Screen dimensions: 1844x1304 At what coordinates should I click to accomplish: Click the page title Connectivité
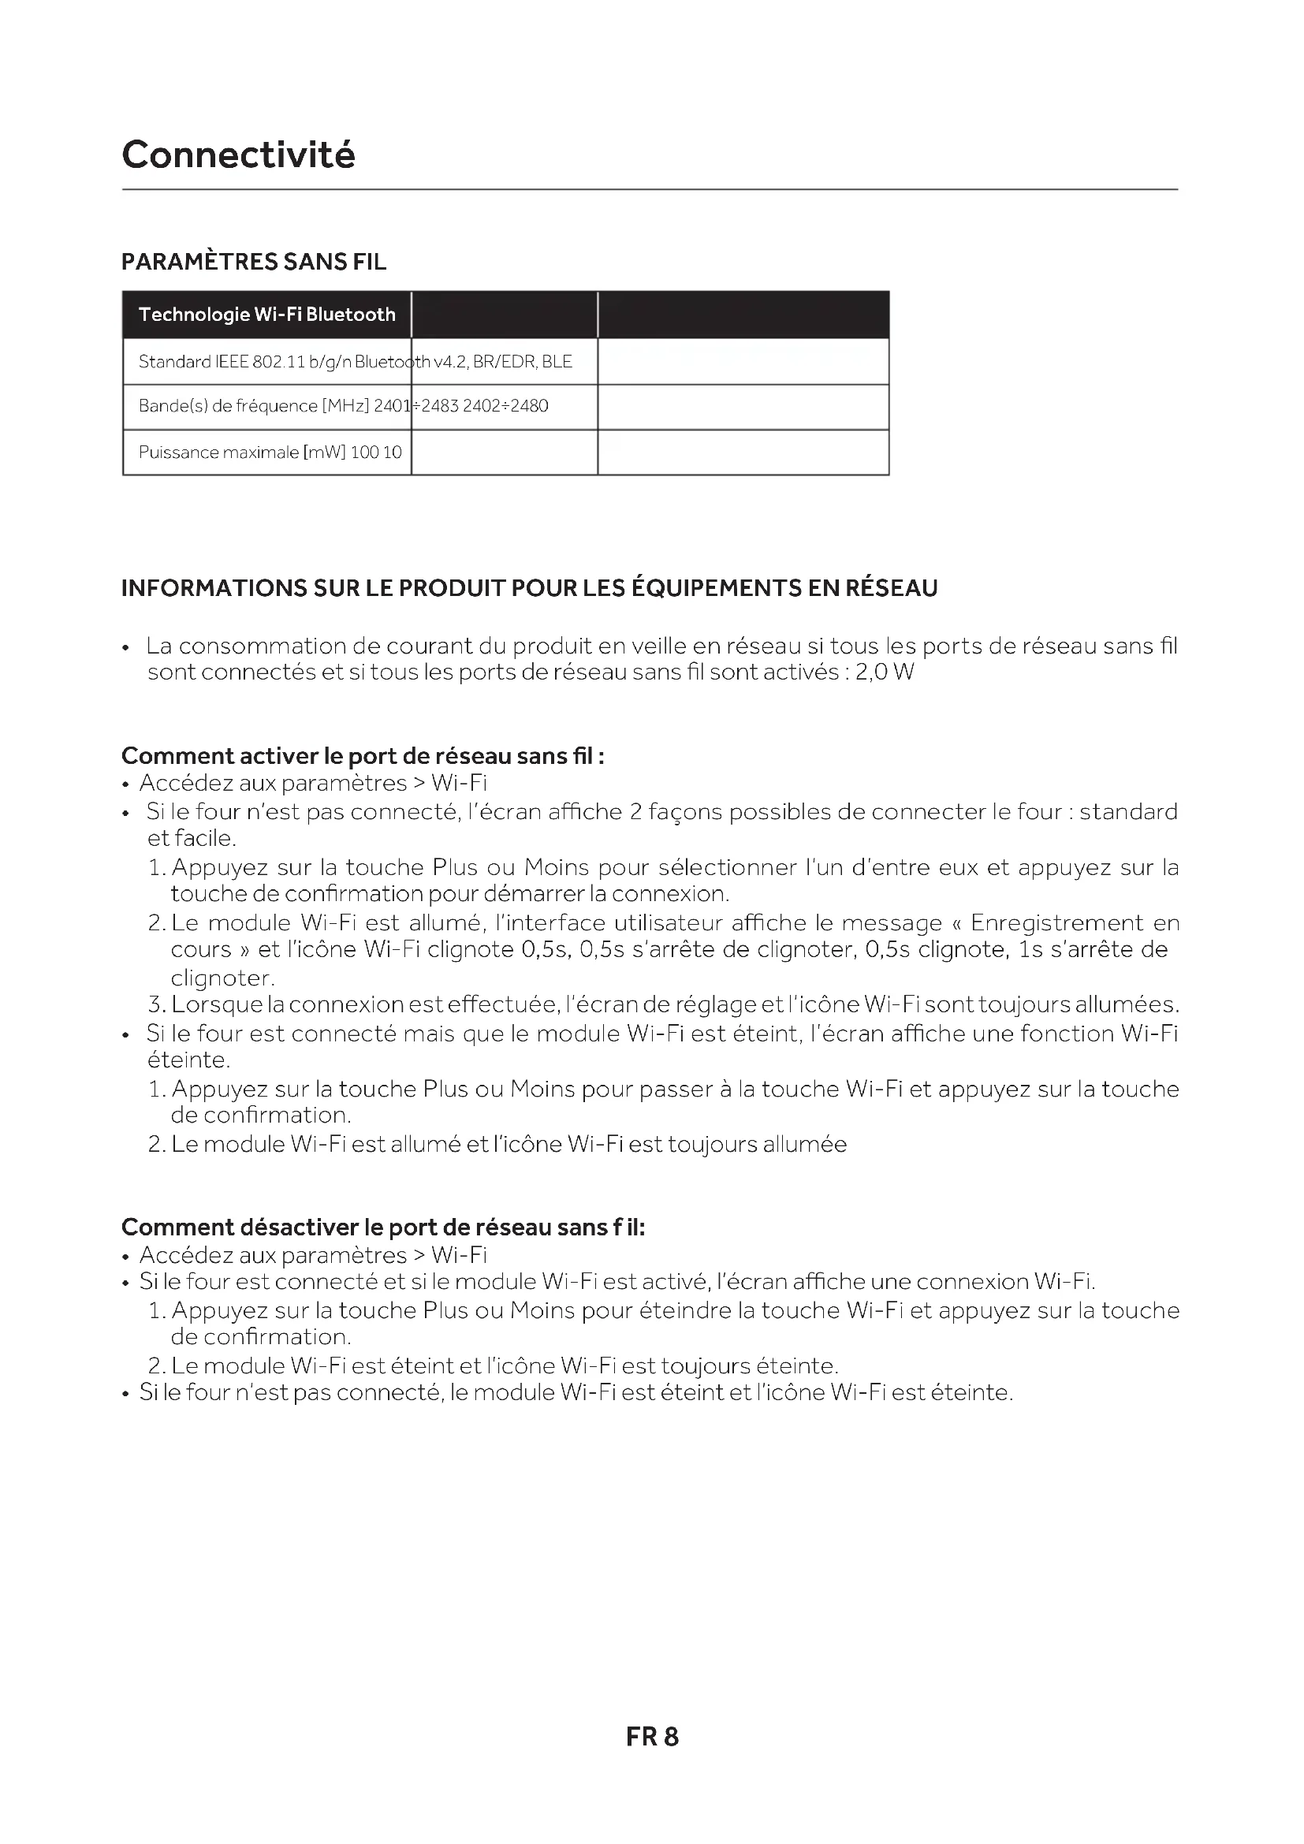pos(237,155)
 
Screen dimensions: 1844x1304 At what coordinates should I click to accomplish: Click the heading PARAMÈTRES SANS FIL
pos(254,262)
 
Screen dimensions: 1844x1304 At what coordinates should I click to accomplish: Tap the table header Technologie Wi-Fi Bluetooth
pos(266,315)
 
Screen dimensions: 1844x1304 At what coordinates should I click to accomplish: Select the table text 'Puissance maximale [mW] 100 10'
pos(270,453)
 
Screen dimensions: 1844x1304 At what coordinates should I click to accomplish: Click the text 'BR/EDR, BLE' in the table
pos(523,361)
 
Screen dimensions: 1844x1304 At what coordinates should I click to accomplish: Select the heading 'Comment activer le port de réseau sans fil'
pos(362,756)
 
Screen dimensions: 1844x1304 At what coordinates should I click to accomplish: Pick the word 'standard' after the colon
pos(1128,812)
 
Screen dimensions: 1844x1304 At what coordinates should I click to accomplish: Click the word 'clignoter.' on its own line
pos(223,978)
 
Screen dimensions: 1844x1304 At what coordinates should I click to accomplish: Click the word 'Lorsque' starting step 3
pos(217,1004)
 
